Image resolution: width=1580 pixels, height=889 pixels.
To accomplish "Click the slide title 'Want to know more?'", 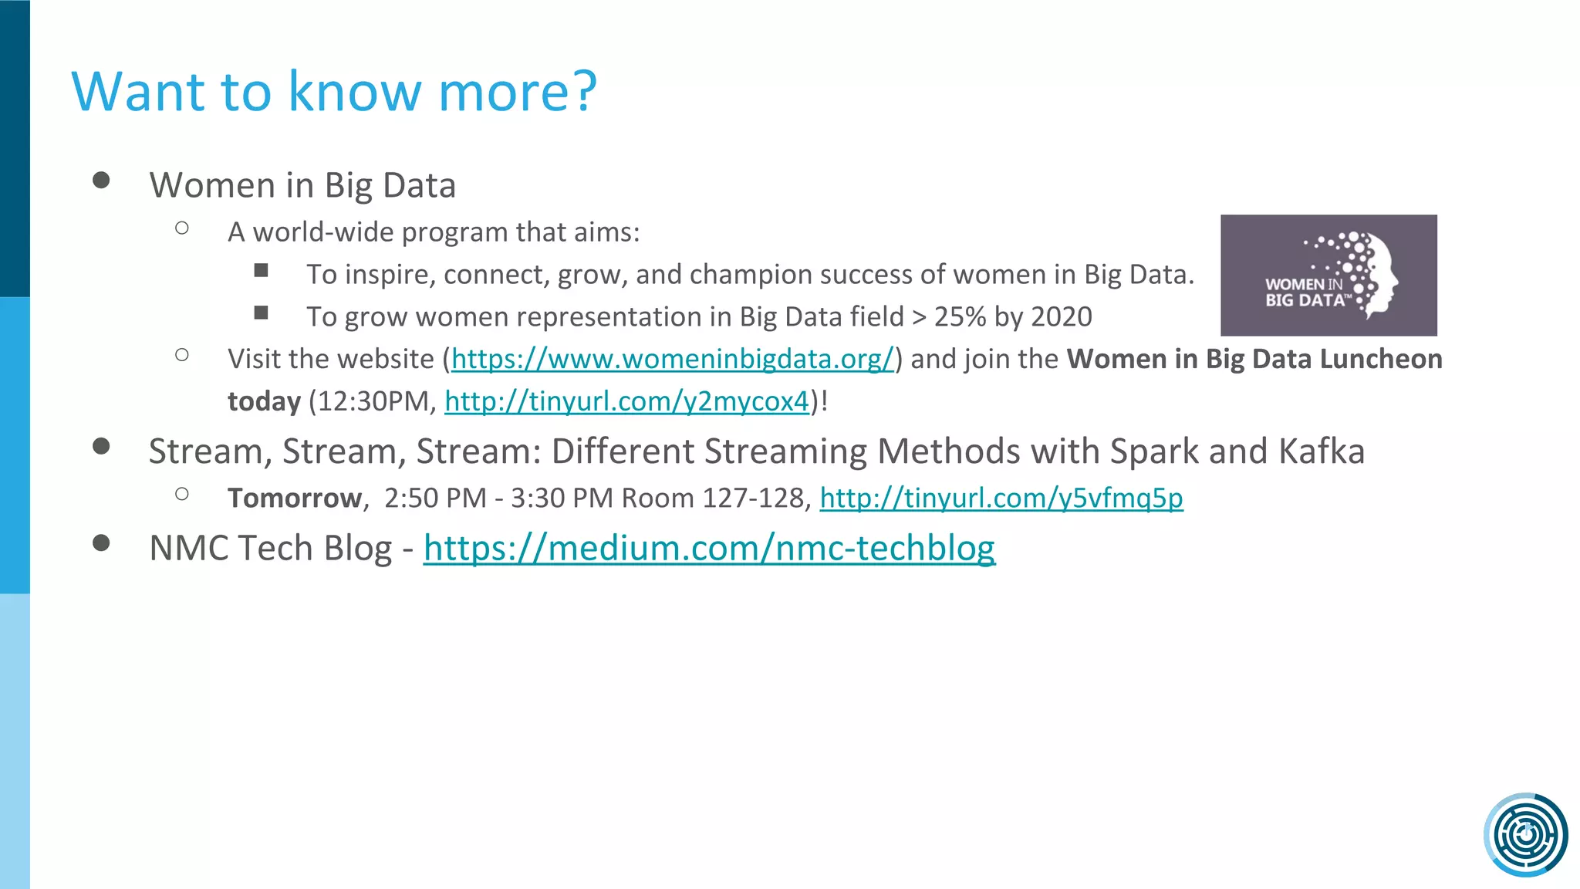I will coord(333,92).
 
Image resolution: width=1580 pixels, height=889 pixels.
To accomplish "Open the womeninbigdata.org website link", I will coord(672,360).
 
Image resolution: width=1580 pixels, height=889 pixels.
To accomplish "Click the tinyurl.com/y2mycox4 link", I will coord(626,402).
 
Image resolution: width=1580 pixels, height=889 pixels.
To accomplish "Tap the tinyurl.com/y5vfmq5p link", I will coord(1001,499).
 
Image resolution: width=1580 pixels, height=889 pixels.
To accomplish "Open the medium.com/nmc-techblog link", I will coord(708,549).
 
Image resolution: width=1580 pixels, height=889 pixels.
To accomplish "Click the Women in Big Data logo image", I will coord(1328,275).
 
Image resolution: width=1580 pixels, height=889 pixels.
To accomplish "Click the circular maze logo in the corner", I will coord(1525,834).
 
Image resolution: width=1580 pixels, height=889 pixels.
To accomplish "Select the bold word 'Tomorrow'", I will coord(294,499).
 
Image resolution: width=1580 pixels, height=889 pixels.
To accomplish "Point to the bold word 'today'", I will coord(264,402).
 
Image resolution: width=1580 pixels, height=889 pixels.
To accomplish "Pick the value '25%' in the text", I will coord(960,317).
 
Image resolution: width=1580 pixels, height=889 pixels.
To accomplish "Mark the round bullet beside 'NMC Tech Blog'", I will coord(101,543).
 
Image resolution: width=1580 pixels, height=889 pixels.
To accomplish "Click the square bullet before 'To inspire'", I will coord(262,270).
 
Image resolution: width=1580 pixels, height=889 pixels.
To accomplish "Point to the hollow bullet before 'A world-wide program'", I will coord(182,228).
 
